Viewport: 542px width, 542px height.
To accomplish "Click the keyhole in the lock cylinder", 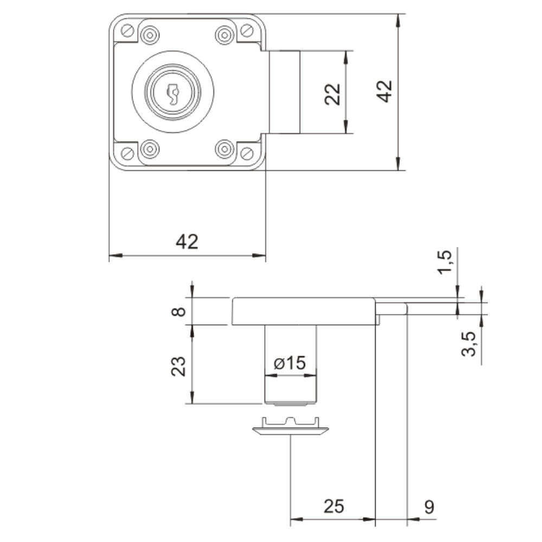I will pyautogui.click(x=173, y=93).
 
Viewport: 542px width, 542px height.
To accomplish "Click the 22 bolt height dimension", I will pyautogui.click(x=334, y=93).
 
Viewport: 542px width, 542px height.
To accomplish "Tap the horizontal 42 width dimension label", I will pyautogui.click(x=187, y=242).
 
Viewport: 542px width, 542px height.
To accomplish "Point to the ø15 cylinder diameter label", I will pyautogui.click(x=290, y=363).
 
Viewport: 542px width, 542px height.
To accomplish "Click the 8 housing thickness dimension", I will pyautogui.click(x=181, y=312).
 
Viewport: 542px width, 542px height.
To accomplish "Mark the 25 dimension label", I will pyautogui.click(x=334, y=506).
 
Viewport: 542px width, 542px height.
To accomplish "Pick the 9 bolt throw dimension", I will pyautogui.click(x=429, y=506).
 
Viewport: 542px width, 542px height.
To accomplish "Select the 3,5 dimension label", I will pyautogui.click(x=469, y=344).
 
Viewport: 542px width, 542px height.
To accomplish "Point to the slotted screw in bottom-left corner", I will pyautogui.click(x=127, y=153).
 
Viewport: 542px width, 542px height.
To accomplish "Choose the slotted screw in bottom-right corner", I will pyautogui.click(x=247, y=153).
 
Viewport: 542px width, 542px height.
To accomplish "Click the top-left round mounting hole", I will pyautogui.click(x=149, y=35).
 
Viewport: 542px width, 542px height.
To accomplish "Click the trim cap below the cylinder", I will pyautogui.click(x=291, y=427).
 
